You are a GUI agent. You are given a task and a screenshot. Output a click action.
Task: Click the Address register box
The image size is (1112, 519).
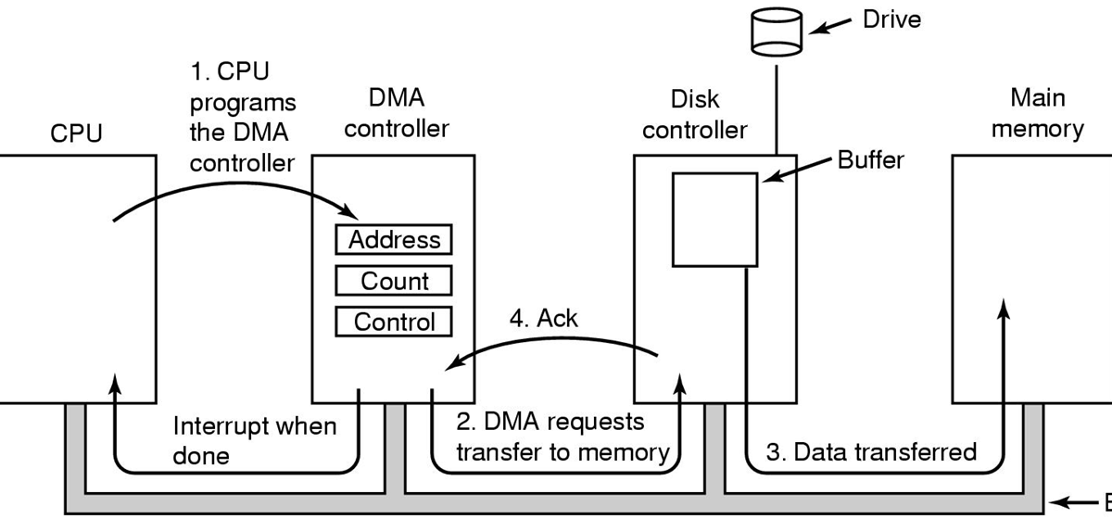[394, 240]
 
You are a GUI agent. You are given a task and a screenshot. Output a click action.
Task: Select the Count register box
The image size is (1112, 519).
[394, 281]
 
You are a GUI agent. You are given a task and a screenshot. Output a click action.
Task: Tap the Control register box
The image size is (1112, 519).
[394, 322]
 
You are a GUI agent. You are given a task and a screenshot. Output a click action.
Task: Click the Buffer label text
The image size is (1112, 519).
[870, 159]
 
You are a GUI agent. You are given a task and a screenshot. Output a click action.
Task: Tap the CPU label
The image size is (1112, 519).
[77, 133]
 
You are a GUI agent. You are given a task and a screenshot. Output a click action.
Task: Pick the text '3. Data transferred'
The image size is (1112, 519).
[870, 452]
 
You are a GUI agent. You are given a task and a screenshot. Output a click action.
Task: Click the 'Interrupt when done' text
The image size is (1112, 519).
[255, 441]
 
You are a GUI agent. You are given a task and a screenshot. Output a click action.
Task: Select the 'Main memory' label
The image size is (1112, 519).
[1038, 112]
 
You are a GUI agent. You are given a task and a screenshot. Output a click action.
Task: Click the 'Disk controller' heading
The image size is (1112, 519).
[694, 113]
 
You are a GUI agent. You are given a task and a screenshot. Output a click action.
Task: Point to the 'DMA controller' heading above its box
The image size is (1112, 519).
[396, 112]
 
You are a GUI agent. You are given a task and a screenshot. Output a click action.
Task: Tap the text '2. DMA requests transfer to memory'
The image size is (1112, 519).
[562, 437]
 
